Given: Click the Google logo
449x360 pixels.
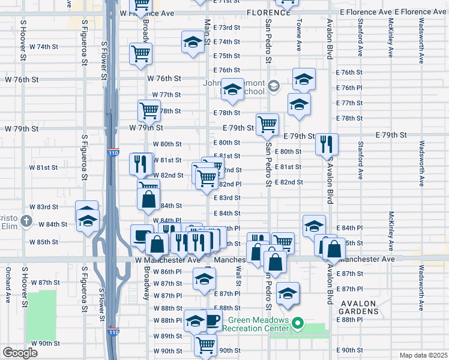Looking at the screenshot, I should pyautogui.click(x=20, y=353).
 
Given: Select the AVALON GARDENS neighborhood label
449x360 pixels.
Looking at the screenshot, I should pyautogui.click(x=358, y=308).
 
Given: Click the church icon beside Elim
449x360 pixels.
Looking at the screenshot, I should pyautogui.click(x=26, y=221).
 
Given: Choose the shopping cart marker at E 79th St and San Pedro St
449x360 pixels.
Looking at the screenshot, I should pyautogui.click(x=267, y=125).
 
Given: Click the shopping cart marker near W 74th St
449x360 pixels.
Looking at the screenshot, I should pyautogui.click(x=140, y=52).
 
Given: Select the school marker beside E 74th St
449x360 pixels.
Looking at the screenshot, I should pyautogui.click(x=193, y=43).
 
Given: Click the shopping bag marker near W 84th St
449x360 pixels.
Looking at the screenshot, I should pyautogui.click(x=148, y=197).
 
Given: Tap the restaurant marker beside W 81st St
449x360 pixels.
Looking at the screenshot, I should pyautogui.click(x=140, y=163).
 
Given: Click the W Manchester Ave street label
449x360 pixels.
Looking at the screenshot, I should pyautogui.click(x=167, y=260).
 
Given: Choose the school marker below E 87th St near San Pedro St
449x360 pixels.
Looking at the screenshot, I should pyautogui.click(x=288, y=293).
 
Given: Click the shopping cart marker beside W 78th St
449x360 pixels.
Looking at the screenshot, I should pyautogui.click(x=149, y=110).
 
